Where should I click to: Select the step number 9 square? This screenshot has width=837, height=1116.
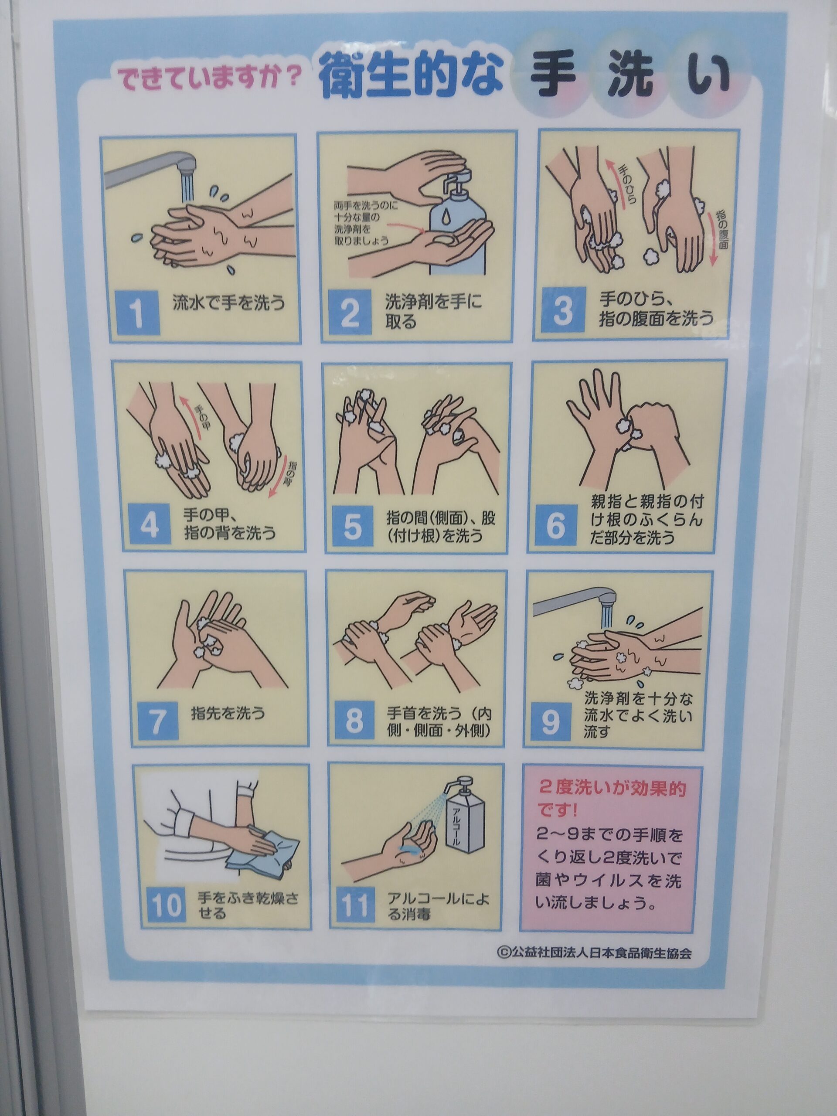[549, 722]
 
